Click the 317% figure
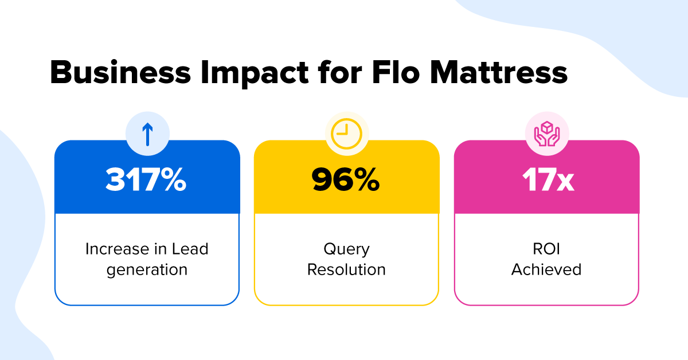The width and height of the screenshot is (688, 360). (x=146, y=180)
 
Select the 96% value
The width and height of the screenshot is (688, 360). (x=346, y=180)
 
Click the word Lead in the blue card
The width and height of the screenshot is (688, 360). (x=190, y=249)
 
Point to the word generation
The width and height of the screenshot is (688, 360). (x=147, y=269)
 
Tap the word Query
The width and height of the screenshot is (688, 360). (x=346, y=249)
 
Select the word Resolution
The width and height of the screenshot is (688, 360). (x=346, y=269)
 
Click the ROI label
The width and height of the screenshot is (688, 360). (x=546, y=249)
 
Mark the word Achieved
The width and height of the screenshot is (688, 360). (x=546, y=269)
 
